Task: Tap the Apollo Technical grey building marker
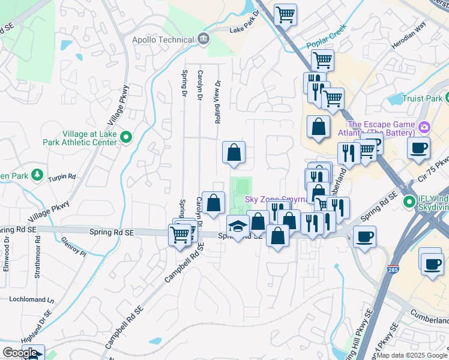(x=203, y=39)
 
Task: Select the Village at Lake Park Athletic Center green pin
(x=126, y=137)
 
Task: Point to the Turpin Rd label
(x=62, y=178)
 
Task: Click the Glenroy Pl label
(x=74, y=246)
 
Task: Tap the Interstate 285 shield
(x=394, y=271)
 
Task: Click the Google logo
(x=19, y=353)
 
